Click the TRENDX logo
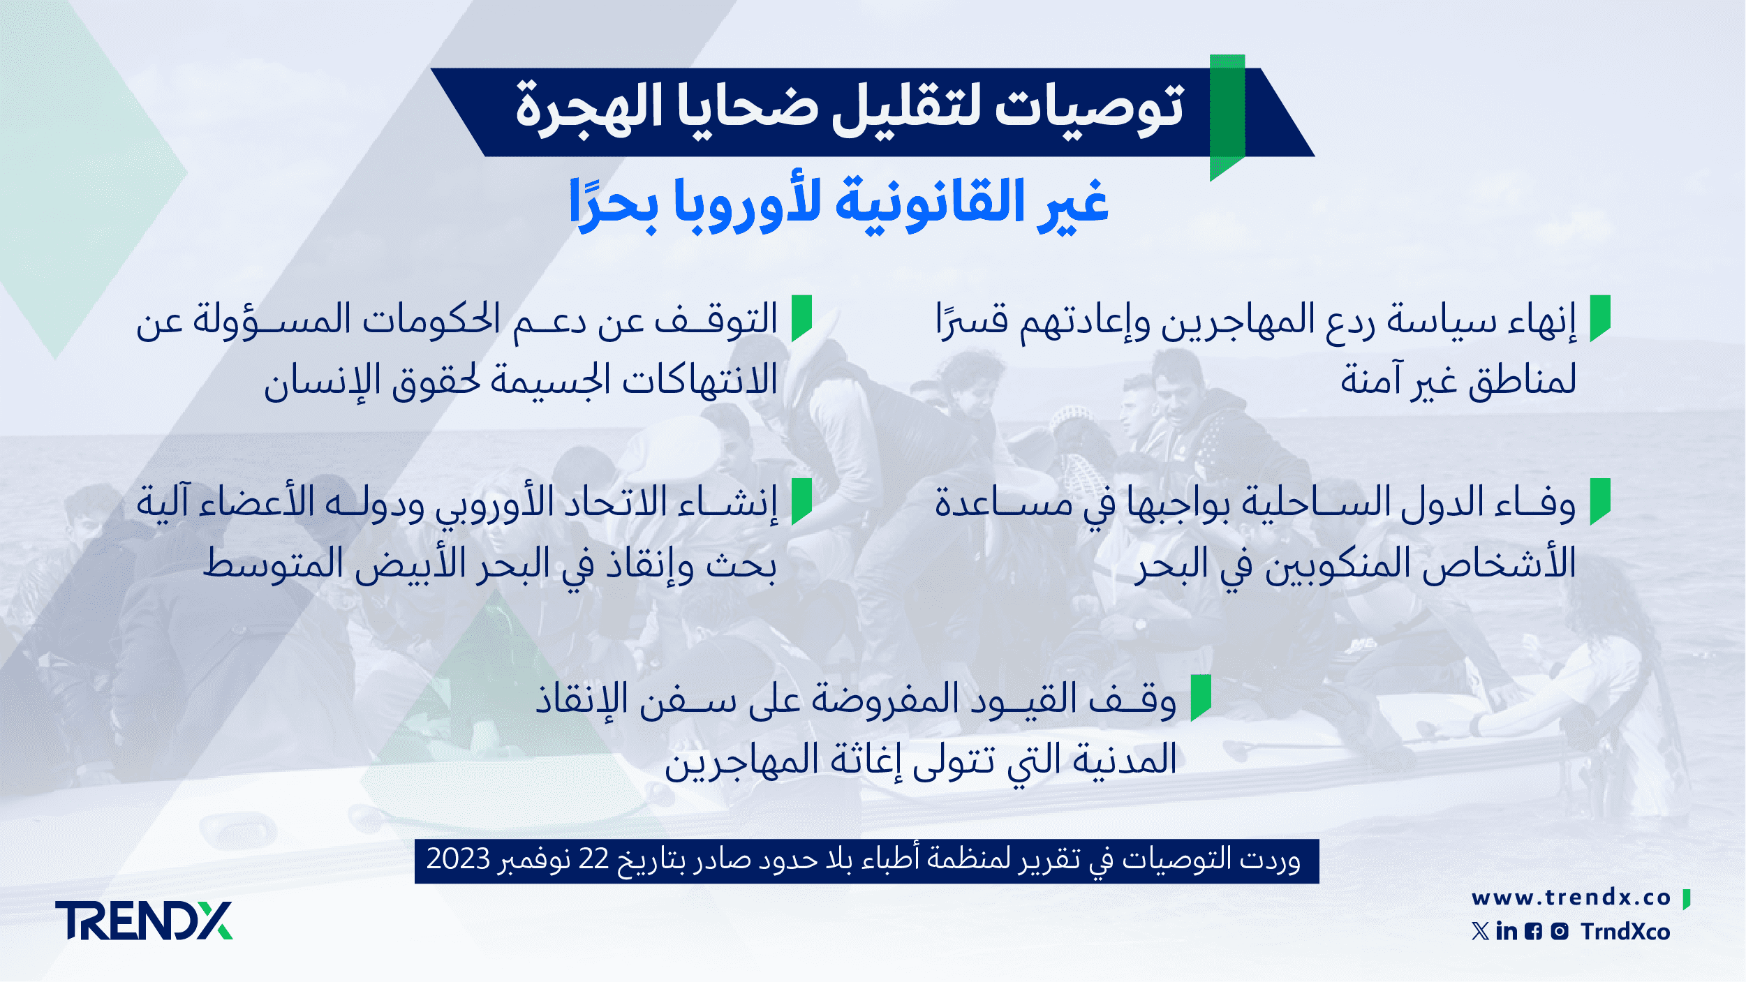pyautogui.click(x=144, y=921)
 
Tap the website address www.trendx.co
pyautogui.click(x=1571, y=898)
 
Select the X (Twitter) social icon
pyautogui.click(x=1480, y=931)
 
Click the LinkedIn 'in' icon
pyautogui.click(x=1507, y=931)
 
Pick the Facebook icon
pyautogui.click(x=1533, y=932)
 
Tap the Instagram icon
pyautogui.click(x=1560, y=931)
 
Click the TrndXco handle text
pyautogui.click(x=1625, y=932)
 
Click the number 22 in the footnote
pyautogui.click(x=594, y=859)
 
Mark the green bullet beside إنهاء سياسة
pyautogui.click(x=1600, y=318)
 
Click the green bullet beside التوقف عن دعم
pyautogui.click(x=801, y=318)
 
